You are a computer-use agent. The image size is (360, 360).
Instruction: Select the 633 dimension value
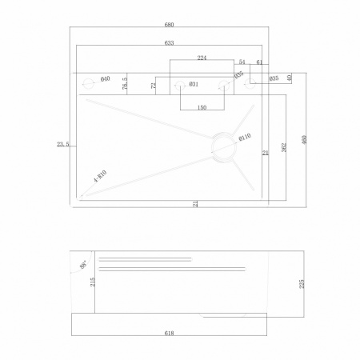(170, 42)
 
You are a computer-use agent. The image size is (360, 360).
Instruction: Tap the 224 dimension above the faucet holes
(201, 58)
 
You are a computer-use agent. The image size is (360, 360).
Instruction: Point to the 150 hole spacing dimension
(201, 106)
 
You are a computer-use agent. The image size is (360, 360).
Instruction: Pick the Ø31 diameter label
(194, 84)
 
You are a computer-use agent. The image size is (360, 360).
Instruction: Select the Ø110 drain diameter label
(246, 137)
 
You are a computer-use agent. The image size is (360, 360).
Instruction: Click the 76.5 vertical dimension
(125, 83)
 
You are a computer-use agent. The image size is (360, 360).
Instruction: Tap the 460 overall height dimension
(304, 139)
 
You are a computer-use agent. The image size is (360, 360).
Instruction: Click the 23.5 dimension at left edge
(62, 144)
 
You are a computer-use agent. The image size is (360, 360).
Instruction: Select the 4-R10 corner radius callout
(100, 177)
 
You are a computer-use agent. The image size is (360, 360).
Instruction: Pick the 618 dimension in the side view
(170, 332)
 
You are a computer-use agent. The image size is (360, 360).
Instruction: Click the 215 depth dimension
(93, 282)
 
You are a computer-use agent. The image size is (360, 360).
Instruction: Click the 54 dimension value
(242, 61)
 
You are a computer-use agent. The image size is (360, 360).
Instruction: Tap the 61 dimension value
(260, 61)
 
